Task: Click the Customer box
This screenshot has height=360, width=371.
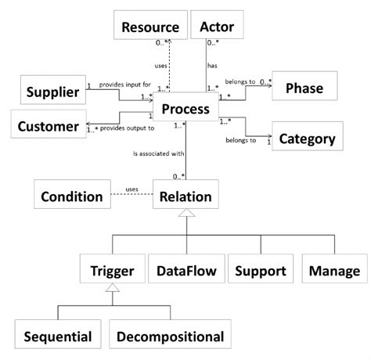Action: pos(49,125)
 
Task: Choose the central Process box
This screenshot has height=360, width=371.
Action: pos(185,110)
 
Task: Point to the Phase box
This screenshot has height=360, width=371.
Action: pos(309,88)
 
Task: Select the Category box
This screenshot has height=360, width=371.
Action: pos(308,139)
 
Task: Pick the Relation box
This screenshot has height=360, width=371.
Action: pos(185,196)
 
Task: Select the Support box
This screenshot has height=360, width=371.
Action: pos(260,271)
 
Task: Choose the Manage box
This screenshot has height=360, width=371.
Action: pos(333,271)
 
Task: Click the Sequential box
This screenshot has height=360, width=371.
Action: pos(58,337)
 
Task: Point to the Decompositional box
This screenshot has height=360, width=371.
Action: pos(170,337)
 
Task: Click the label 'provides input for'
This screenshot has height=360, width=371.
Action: pos(125,84)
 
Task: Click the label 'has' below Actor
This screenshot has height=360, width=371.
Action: pos(211,67)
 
